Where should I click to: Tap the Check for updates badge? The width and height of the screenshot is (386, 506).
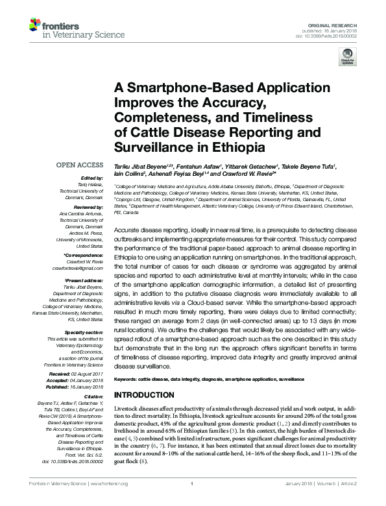pos(347,60)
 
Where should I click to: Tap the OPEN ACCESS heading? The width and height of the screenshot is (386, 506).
pos(81,165)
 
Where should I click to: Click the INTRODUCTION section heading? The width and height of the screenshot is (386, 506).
pos(147,394)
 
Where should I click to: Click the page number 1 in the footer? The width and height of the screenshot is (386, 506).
pos(193,501)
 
